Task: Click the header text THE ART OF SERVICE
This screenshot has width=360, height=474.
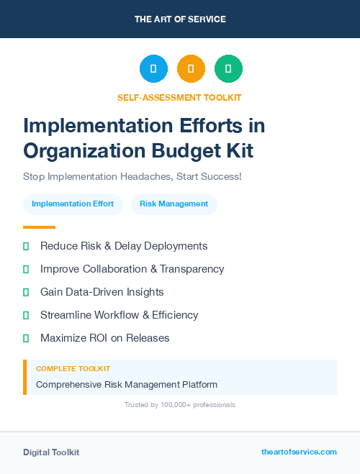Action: [x=180, y=19]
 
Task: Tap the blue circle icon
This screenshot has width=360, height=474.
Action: [x=153, y=69]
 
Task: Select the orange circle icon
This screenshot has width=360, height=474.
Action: [x=191, y=69]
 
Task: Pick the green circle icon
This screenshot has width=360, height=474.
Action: [x=228, y=69]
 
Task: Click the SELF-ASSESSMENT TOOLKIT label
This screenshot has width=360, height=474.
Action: [x=179, y=97]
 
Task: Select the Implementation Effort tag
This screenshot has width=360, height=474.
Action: [x=73, y=204]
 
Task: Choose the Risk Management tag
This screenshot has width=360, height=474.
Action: [x=174, y=204]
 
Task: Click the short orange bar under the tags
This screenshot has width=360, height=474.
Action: [x=39, y=227]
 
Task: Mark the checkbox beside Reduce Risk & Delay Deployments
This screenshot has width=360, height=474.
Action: [x=26, y=247]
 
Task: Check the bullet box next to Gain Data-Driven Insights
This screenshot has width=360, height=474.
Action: [x=26, y=293]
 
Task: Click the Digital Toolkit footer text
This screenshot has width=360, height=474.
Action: [x=51, y=452]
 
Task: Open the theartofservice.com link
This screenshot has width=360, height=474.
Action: [x=299, y=452]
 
